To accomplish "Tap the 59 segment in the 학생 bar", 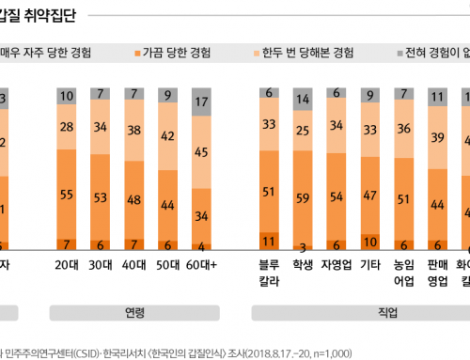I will (302, 198).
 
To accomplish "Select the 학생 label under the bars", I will (302, 265).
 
